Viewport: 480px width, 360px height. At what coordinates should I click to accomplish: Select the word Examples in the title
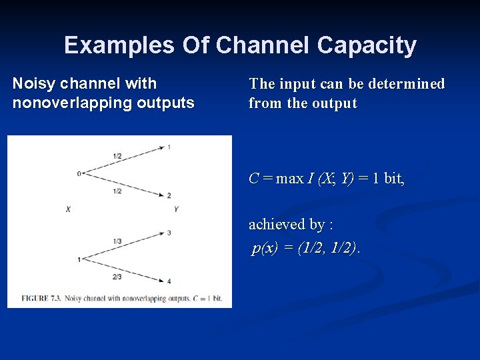pyautogui.click(x=117, y=45)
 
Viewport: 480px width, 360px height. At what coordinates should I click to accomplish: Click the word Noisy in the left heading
pyautogui.click(x=34, y=84)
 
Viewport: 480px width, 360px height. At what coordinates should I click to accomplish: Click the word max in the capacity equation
pyautogui.click(x=289, y=179)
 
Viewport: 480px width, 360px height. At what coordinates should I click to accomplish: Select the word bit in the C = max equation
pyautogui.click(x=393, y=179)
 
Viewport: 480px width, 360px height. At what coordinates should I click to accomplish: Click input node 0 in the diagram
pyautogui.click(x=79, y=174)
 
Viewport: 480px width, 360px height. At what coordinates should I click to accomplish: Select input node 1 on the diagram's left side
pyautogui.click(x=79, y=259)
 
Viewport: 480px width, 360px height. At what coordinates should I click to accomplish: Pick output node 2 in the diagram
pyautogui.click(x=169, y=195)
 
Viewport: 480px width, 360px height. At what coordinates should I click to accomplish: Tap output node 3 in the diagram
pyautogui.click(x=169, y=233)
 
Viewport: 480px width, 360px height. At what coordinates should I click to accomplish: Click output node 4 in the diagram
pyautogui.click(x=169, y=281)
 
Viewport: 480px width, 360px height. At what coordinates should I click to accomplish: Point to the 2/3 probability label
pyautogui.click(x=117, y=277)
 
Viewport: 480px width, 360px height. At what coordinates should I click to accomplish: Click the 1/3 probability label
pyautogui.click(x=117, y=241)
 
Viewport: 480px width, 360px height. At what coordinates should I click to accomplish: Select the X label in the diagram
pyautogui.click(x=68, y=209)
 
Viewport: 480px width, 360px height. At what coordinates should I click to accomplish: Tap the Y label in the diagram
pyautogui.click(x=176, y=209)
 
